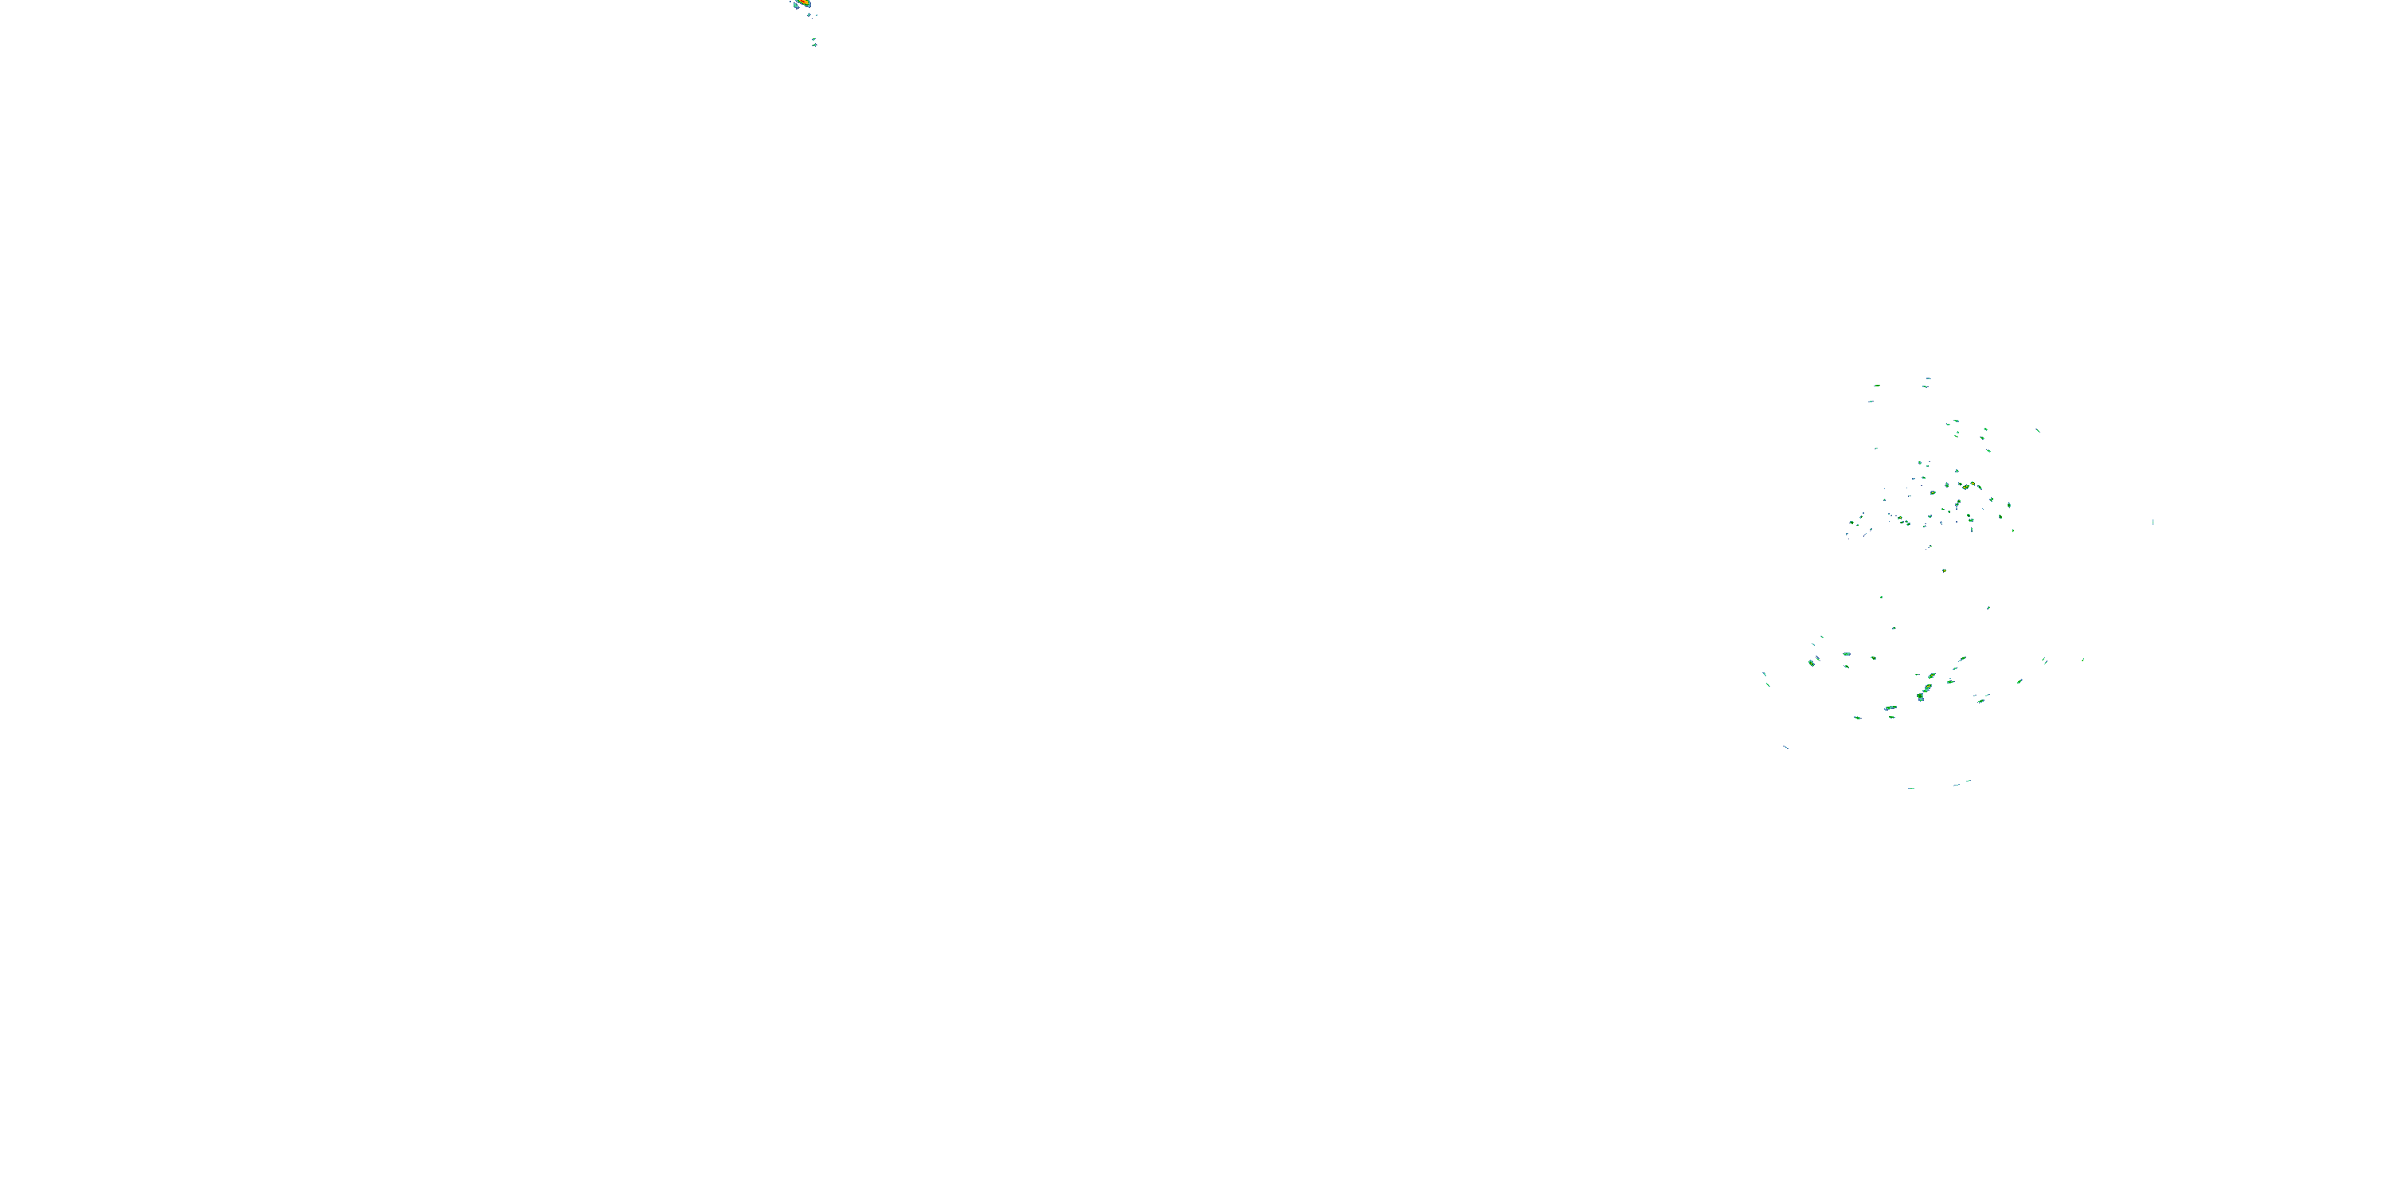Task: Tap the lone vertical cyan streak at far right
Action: click(x=2153, y=523)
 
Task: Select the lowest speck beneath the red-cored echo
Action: click(x=813, y=44)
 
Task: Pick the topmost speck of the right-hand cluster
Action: click(x=1927, y=378)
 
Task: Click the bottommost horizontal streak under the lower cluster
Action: click(x=1911, y=788)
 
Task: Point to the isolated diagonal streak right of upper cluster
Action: click(x=2037, y=429)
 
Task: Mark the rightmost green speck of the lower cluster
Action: click(x=2083, y=660)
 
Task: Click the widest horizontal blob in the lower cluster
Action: click(x=1890, y=709)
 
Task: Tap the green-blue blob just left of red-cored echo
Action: click(x=794, y=5)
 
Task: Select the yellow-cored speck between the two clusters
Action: click(x=1944, y=570)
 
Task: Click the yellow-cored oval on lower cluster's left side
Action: click(x=1811, y=663)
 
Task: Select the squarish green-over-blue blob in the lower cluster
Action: click(x=1920, y=695)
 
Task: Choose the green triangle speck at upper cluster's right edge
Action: click(x=2008, y=506)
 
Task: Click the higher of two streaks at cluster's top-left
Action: click(x=1876, y=385)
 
